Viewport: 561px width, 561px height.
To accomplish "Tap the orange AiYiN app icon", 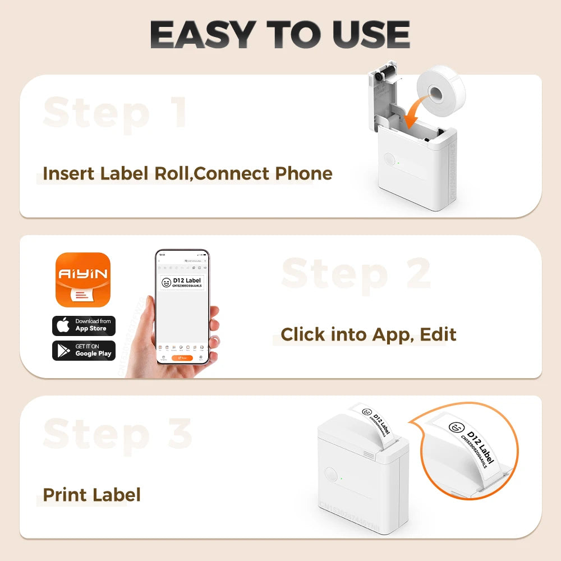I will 82,279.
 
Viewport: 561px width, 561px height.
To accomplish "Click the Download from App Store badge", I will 84,325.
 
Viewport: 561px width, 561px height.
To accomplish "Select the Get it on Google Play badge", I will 84,350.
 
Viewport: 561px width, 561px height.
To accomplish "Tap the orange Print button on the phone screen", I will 182,357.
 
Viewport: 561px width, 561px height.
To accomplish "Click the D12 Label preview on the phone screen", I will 182,282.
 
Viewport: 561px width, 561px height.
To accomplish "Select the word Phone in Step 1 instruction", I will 304,174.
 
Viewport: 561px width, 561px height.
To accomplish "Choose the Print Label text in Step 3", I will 91,495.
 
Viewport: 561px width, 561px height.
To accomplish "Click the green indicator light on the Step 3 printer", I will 341,479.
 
